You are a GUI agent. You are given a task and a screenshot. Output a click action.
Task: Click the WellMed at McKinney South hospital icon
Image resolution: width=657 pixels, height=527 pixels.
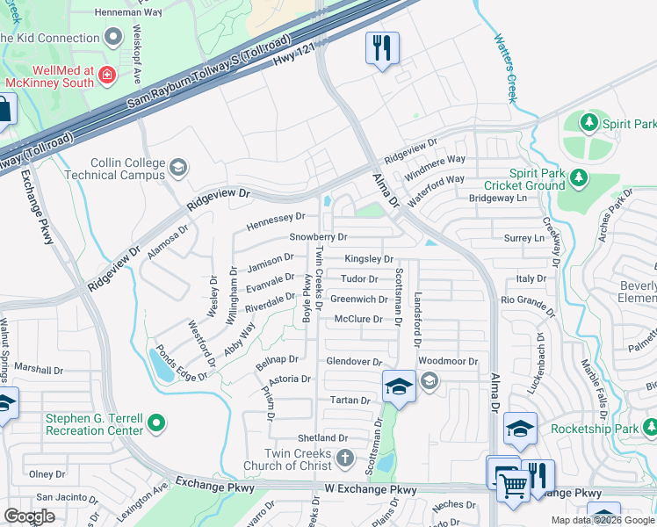tap(107, 76)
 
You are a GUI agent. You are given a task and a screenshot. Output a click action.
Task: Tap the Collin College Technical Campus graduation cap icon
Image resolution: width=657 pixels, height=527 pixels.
tap(178, 167)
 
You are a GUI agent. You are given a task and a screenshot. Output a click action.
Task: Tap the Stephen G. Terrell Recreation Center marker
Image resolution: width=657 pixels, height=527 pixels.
tap(157, 423)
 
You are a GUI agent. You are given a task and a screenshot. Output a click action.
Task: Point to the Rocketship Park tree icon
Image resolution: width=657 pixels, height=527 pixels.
tap(650, 429)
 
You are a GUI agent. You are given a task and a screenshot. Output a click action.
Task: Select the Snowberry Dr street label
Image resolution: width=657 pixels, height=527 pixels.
tap(319, 237)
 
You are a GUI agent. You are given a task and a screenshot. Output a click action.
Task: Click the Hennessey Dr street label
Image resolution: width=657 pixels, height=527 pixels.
tap(275, 216)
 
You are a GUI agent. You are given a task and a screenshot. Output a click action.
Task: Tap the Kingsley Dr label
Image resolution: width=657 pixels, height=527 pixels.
tap(369, 259)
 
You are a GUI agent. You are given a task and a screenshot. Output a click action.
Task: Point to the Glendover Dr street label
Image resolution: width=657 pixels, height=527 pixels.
tap(354, 362)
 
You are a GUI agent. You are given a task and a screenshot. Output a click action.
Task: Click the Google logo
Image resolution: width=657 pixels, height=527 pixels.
tap(30, 516)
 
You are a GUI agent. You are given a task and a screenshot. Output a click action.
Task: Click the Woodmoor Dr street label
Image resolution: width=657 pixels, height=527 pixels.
tap(447, 362)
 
